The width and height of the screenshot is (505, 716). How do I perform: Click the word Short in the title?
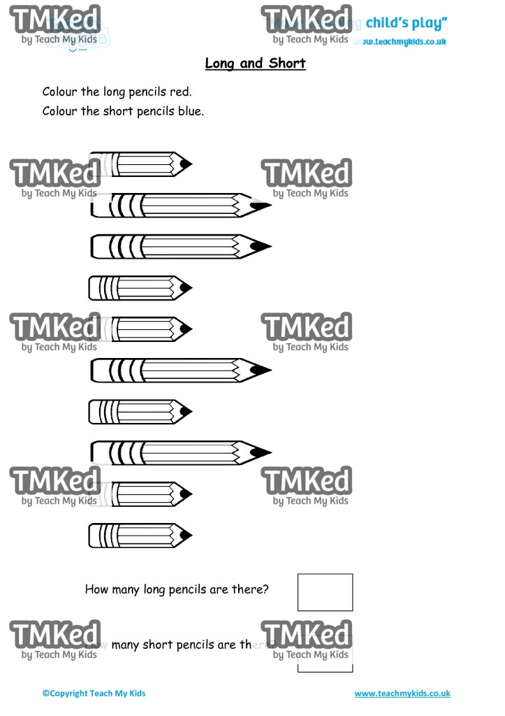[x=286, y=64]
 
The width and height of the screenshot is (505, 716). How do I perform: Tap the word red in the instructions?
[x=180, y=92]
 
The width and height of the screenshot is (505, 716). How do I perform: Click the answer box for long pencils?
[x=325, y=592]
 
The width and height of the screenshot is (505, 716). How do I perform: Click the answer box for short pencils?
[x=325, y=654]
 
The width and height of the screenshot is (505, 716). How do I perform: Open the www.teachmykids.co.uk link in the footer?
[x=402, y=694]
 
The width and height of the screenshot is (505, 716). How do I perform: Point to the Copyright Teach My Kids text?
[x=94, y=694]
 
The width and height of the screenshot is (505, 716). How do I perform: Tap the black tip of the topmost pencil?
[x=185, y=164]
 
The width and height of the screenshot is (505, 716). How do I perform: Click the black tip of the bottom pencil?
[x=185, y=536]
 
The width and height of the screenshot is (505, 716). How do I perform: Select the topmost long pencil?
[x=180, y=206]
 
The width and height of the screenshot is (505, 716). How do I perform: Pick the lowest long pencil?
[x=180, y=452]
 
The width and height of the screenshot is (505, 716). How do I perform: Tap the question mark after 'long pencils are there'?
[x=265, y=589]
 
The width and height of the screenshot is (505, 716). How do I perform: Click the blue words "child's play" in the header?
[x=405, y=23]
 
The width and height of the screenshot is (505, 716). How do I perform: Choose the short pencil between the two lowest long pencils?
[x=140, y=412]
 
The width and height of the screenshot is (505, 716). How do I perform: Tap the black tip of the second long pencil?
[x=260, y=247]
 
